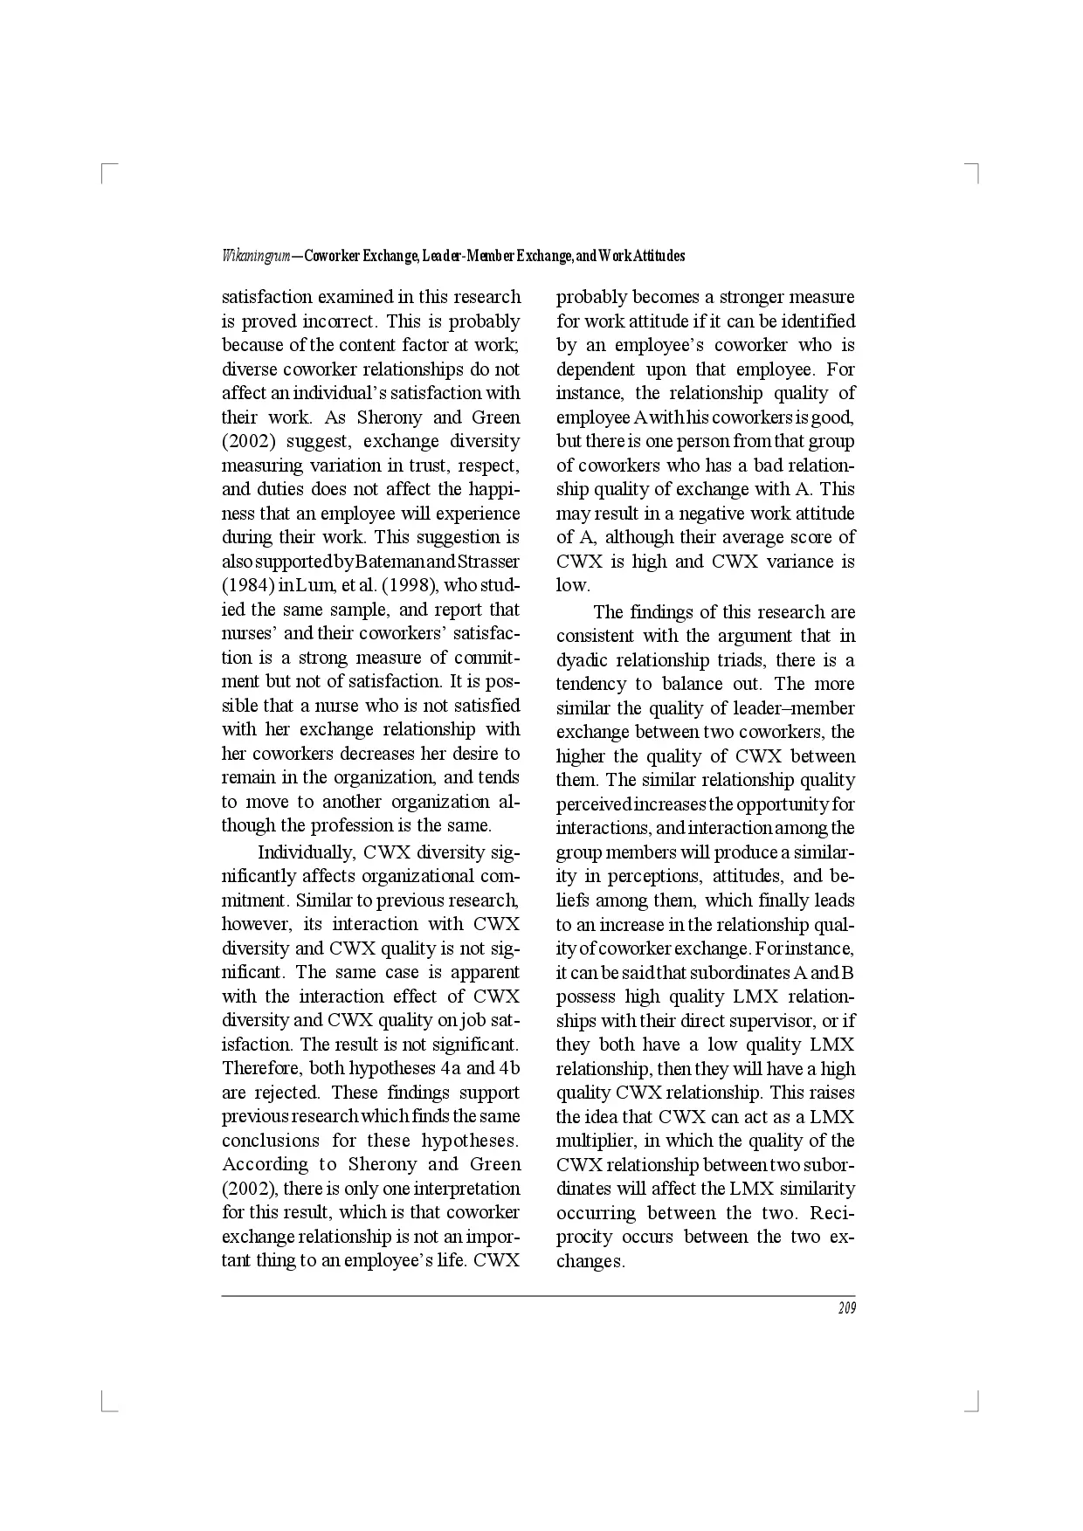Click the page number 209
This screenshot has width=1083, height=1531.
click(846, 1308)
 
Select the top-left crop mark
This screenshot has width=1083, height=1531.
click(107, 169)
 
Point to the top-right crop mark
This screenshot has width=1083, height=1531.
click(976, 170)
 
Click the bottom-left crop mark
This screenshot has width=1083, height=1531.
click(107, 1404)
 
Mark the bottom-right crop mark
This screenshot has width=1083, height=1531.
click(976, 1404)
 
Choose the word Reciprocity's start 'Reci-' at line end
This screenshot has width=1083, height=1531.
click(832, 1213)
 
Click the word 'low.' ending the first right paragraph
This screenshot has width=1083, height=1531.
click(573, 585)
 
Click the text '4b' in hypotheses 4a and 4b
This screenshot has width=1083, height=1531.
click(508, 1068)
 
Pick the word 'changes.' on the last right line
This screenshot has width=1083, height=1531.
click(590, 1261)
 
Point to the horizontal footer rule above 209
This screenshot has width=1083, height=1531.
click(538, 1296)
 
